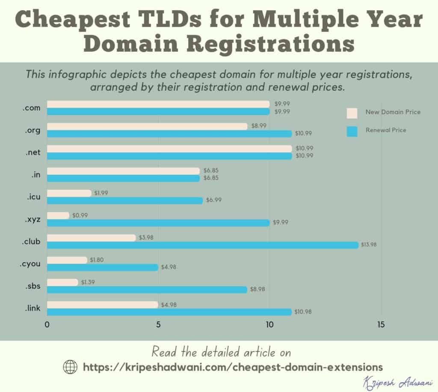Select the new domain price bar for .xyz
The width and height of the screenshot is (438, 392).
click(58, 216)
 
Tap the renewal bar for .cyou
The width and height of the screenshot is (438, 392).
click(103, 267)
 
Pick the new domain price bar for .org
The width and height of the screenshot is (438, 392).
click(147, 126)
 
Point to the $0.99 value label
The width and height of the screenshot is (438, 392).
click(80, 215)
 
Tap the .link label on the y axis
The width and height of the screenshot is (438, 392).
click(32, 308)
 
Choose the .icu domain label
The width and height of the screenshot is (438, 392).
click(32, 197)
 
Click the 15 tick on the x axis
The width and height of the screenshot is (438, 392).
click(381, 325)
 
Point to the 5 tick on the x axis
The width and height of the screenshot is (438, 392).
click(158, 325)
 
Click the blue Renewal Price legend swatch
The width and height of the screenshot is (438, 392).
click(352, 131)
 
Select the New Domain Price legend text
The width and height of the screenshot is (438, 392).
click(393, 112)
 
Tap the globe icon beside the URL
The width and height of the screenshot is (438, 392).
click(70, 367)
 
